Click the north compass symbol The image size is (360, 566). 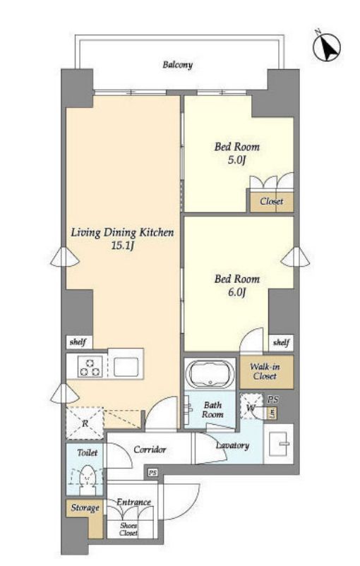point(326,47)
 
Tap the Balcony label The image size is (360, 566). point(177,65)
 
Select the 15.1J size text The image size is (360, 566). point(123,246)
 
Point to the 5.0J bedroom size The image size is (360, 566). point(237,160)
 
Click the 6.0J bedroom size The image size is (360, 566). point(237,292)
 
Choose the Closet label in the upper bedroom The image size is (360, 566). point(272,201)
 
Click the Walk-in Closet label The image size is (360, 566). point(265,371)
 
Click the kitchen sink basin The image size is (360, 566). point(126,367)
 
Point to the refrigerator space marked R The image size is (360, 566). point(85,423)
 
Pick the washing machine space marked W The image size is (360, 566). point(251,407)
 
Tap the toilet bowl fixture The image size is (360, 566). point(87,478)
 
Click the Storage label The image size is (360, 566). point(85,508)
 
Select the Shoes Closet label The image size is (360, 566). point(128,529)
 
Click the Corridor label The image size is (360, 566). point(150,450)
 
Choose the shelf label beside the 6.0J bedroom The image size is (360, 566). point(281,342)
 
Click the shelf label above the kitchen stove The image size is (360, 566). point(78,342)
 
